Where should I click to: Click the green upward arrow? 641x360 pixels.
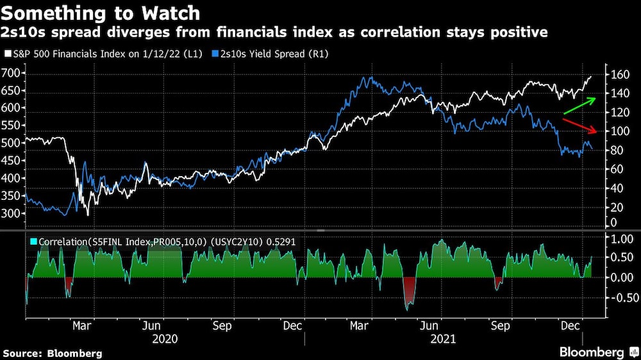click(580, 106)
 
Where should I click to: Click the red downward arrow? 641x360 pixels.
click(580, 126)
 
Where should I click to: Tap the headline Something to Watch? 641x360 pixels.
click(101, 13)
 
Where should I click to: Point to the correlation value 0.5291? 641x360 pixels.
click(286, 242)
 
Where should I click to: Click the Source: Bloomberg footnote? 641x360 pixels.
click(53, 353)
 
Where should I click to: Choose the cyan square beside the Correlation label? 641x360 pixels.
click(33, 242)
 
